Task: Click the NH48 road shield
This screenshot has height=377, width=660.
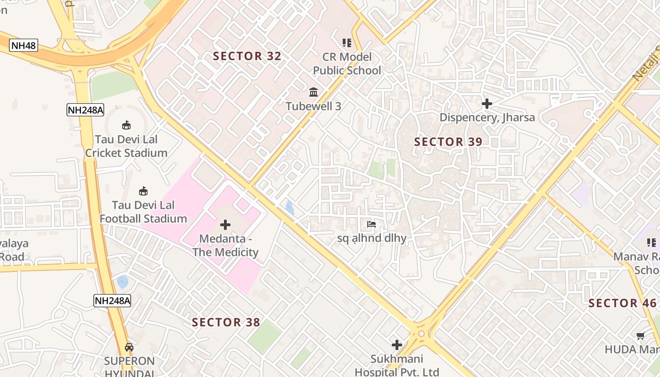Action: coord(24,46)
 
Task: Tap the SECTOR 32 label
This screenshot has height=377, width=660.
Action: coord(247,57)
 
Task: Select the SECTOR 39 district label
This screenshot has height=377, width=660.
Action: coord(448,142)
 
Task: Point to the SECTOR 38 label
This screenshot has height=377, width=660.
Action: coord(226,322)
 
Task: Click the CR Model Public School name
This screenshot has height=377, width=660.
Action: coord(347,64)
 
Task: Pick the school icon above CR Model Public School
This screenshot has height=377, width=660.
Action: coord(347,43)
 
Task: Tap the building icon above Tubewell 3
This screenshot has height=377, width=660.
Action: coord(313,92)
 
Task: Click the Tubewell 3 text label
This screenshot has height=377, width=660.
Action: coord(313,106)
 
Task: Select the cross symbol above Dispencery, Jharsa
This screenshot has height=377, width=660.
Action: coord(487,103)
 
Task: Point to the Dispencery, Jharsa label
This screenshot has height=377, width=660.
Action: coord(487,117)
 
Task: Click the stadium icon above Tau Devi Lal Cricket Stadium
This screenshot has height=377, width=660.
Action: coord(126,125)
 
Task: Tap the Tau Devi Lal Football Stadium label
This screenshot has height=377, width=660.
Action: coord(143,212)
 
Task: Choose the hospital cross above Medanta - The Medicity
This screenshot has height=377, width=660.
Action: coord(225,225)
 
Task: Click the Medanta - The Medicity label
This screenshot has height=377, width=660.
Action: coord(225,246)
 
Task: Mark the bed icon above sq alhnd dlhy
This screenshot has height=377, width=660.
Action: coord(371,224)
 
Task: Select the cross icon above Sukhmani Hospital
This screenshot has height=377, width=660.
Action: coord(397,345)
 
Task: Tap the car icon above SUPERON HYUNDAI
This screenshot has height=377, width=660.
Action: coord(129,347)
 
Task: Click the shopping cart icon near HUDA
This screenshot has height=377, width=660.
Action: coord(640,336)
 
